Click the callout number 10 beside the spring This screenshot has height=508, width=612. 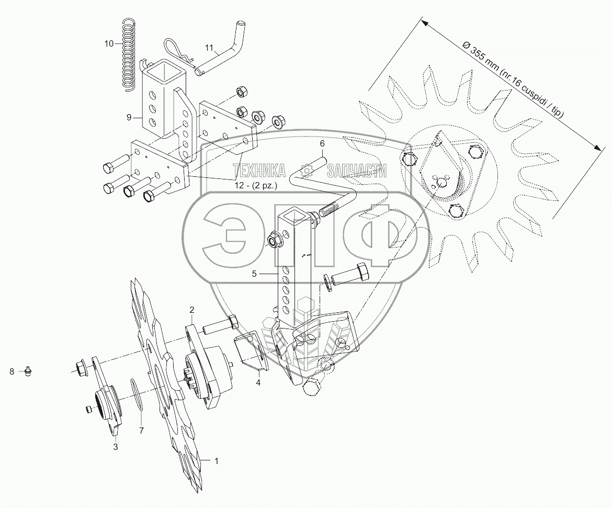coord(109,43)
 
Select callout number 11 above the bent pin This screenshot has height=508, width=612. coord(209,48)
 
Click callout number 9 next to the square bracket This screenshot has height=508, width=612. coord(129,117)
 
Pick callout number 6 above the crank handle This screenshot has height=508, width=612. coord(322,143)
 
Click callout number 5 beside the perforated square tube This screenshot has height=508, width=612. coord(254,274)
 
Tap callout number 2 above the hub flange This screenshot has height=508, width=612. coord(191,310)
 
